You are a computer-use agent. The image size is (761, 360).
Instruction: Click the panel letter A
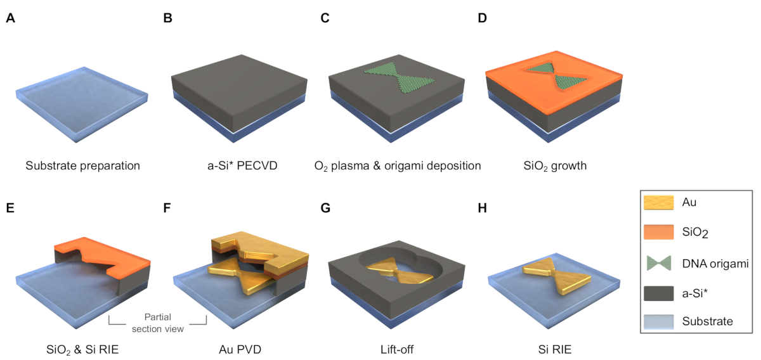(10, 18)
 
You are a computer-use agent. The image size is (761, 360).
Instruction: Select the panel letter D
(483, 18)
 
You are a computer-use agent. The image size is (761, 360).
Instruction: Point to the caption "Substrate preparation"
(82, 166)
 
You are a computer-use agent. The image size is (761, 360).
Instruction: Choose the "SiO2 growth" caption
(550, 166)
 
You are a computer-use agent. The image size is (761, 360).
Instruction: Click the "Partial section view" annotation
(159, 323)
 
